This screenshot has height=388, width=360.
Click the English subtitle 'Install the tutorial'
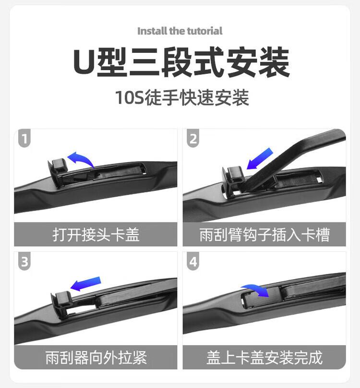click(180, 31)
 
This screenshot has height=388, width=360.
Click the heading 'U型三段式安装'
click(181, 62)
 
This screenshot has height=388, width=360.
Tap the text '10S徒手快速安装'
click(181, 97)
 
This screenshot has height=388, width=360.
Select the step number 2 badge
click(193, 139)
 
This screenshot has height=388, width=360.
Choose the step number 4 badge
click(193, 262)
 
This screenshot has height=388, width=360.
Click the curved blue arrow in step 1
click(81, 159)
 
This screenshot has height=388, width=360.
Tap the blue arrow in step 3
click(86, 283)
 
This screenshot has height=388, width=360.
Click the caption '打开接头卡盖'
click(96, 235)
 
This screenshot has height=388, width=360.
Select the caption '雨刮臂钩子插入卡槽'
click(264, 235)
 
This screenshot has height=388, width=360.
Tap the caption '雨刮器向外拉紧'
click(96, 357)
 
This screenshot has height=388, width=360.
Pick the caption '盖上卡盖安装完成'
click(264, 357)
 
